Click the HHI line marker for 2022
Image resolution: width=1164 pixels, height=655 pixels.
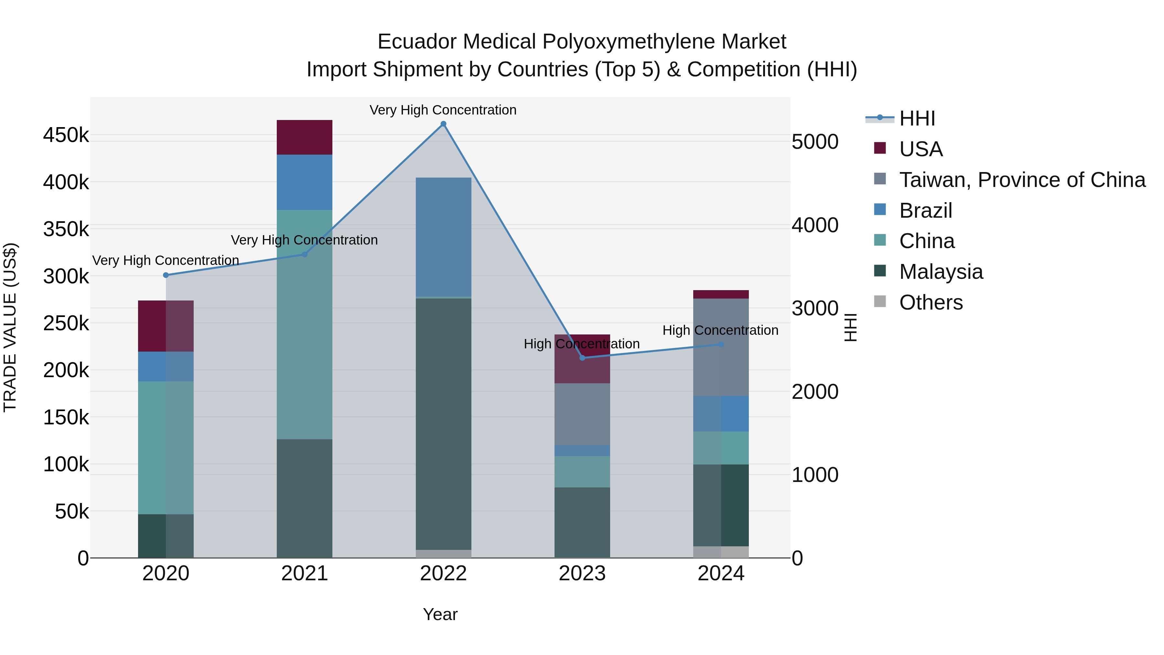(x=443, y=124)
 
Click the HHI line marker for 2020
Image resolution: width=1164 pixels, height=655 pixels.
(x=166, y=275)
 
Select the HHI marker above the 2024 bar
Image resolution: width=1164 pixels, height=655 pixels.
(x=721, y=344)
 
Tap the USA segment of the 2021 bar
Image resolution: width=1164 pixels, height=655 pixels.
(x=304, y=137)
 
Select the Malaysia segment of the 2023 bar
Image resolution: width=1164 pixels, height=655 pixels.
(x=582, y=523)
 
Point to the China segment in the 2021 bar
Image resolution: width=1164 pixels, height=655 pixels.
(x=304, y=324)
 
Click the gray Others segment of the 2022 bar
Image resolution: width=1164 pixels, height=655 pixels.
(x=443, y=554)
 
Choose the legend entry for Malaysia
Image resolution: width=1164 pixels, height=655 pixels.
(x=941, y=272)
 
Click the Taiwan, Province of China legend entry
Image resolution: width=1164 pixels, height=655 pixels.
(x=1022, y=180)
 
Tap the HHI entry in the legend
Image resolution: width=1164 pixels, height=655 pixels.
(x=917, y=118)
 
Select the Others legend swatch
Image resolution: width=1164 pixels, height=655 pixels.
(x=880, y=301)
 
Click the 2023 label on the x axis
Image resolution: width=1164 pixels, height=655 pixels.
(x=582, y=573)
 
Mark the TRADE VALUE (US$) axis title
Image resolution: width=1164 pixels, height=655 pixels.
(x=10, y=327)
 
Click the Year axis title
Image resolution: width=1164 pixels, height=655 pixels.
(x=440, y=614)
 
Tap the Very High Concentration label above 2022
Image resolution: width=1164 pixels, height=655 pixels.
(x=443, y=110)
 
